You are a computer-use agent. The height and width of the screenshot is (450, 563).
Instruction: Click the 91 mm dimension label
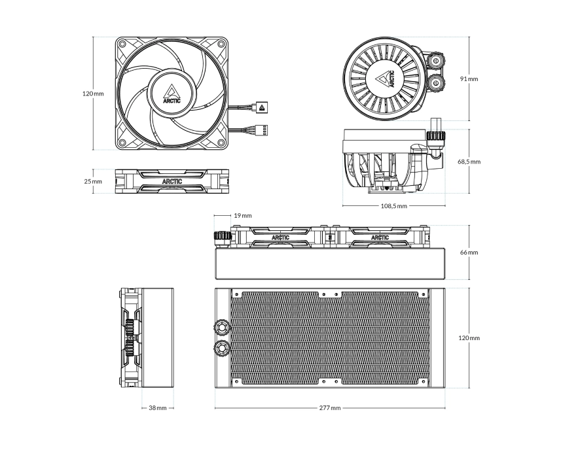(x=469, y=78)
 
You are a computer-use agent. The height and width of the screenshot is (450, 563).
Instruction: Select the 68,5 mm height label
(x=469, y=161)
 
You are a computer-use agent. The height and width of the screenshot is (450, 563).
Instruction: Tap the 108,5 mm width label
(x=395, y=205)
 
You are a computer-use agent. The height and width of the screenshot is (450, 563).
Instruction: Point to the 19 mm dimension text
(x=242, y=215)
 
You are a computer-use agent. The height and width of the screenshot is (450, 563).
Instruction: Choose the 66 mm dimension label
(x=469, y=252)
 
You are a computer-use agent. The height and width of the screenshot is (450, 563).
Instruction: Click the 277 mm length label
(x=330, y=407)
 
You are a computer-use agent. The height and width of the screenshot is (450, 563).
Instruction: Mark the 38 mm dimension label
(x=157, y=407)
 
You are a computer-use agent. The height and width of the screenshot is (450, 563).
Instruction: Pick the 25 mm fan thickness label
(x=93, y=181)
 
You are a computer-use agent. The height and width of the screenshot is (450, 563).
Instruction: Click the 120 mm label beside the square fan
(x=93, y=94)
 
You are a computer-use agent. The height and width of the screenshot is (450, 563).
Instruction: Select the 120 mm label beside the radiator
(x=469, y=338)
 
